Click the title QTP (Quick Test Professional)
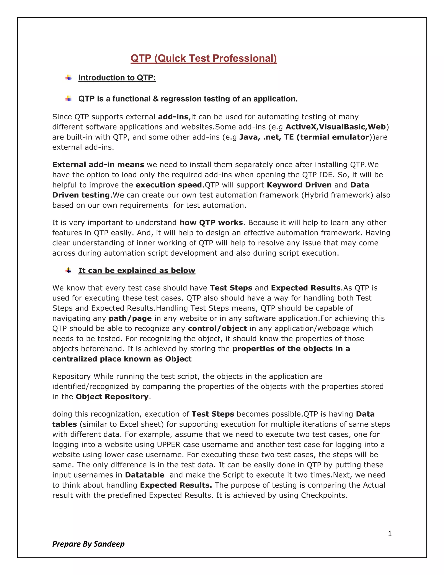click(204, 58)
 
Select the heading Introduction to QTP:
click(117, 78)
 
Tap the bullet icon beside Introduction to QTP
click(69, 77)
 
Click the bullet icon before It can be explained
click(69, 270)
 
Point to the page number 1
click(390, 534)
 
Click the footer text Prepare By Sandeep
click(88, 544)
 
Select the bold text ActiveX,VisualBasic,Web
click(335, 127)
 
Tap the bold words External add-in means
click(98, 164)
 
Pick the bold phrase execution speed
click(169, 185)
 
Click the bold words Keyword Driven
click(299, 185)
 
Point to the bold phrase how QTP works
click(211, 222)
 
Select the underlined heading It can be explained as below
click(137, 270)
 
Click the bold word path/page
click(130, 318)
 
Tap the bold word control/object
click(217, 329)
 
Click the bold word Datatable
click(144, 475)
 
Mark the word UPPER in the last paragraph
click(169, 444)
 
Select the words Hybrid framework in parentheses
click(337, 195)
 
